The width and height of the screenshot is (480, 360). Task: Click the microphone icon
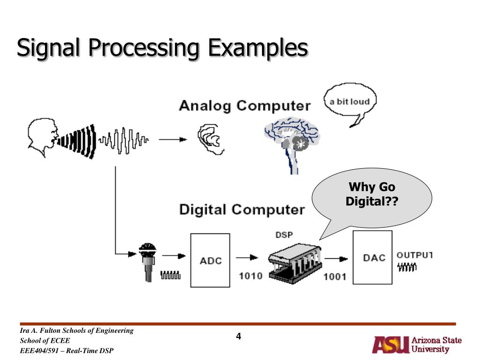[x=148, y=262]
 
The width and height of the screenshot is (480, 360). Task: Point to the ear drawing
[x=210, y=139]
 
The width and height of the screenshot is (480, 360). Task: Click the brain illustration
[x=292, y=144]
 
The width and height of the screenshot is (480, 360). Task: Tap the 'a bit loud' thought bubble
[x=350, y=102]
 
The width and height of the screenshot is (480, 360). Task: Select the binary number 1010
[x=251, y=276]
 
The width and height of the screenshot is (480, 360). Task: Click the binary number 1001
[x=335, y=277]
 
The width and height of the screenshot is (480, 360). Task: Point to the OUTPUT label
[x=415, y=255]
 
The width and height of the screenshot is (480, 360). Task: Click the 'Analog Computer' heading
[x=245, y=105]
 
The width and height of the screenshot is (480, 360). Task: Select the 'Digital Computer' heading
[x=242, y=210]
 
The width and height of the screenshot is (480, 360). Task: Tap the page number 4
[x=239, y=336]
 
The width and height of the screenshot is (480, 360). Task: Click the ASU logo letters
[x=391, y=345]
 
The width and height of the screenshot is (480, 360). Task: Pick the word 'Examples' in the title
[x=258, y=48]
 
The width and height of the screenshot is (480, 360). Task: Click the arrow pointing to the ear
[x=172, y=140]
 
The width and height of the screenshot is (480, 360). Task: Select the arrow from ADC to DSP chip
[x=247, y=257]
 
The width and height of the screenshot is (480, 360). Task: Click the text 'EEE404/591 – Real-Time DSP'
[x=67, y=351]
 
